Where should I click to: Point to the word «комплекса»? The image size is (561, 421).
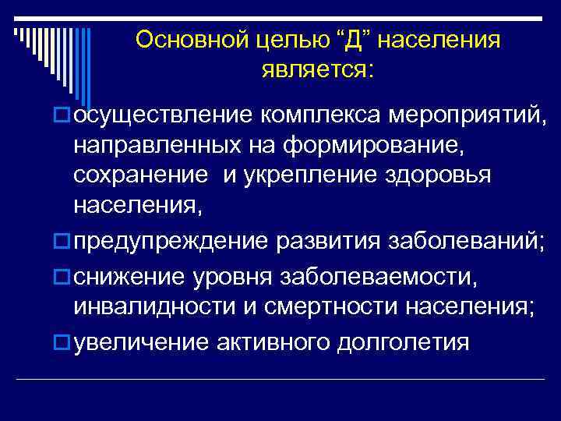[x=319, y=116]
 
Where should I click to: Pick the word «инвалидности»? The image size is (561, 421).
[x=145, y=306]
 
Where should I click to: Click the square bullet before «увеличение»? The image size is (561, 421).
[x=63, y=341]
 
